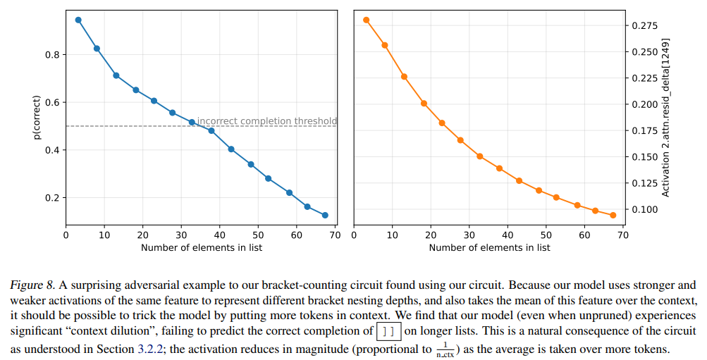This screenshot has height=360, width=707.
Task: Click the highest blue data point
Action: [78, 20]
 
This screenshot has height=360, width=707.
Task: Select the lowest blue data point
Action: [325, 216]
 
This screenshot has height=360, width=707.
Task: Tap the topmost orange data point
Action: [367, 20]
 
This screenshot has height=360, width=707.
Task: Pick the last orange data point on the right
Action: [613, 215]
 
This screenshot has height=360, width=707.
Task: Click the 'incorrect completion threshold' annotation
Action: [266, 121]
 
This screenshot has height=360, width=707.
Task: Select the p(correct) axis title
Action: [38, 117]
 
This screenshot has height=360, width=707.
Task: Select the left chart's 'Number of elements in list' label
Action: [202, 247]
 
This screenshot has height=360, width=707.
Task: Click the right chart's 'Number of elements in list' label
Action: [489, 247]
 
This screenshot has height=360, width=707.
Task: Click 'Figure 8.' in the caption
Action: [32, 285]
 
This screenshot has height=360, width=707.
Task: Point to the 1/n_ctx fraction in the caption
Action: [446, 349]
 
